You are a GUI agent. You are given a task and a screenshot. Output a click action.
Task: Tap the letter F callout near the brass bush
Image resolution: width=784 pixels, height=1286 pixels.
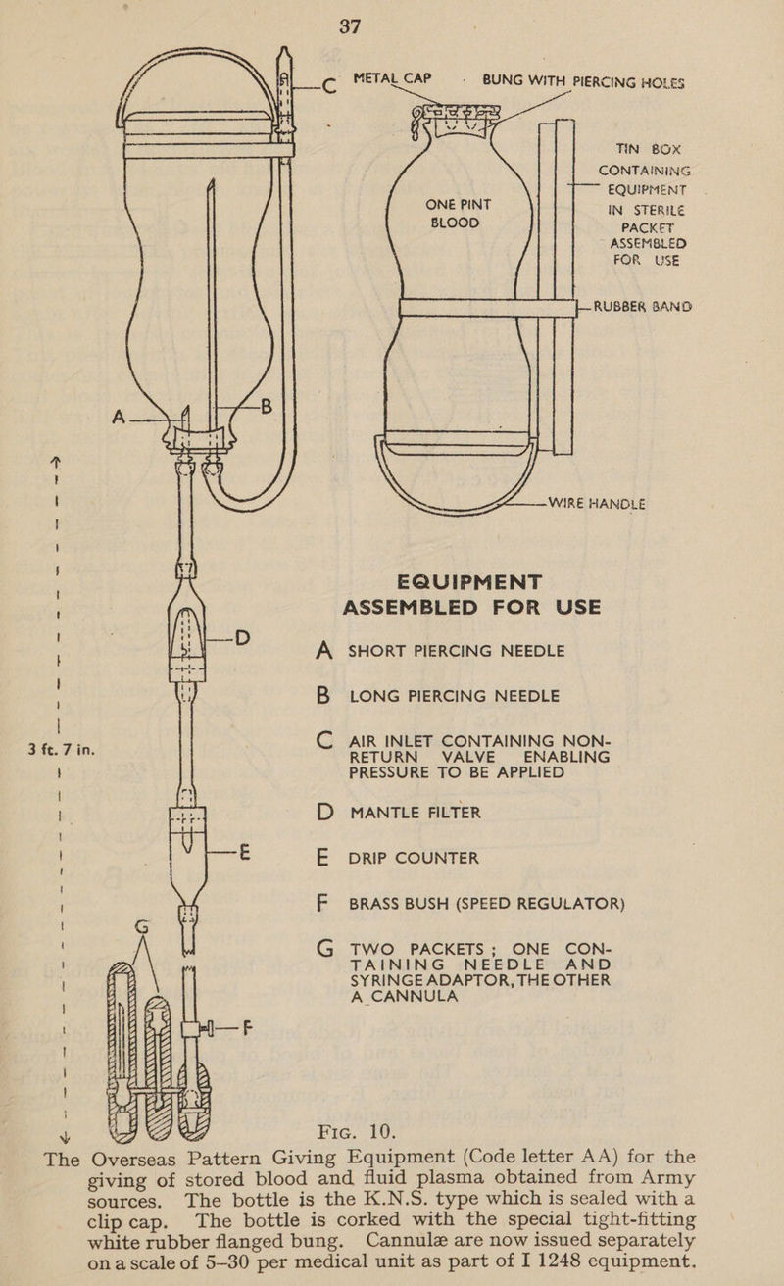coord(256,1030)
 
